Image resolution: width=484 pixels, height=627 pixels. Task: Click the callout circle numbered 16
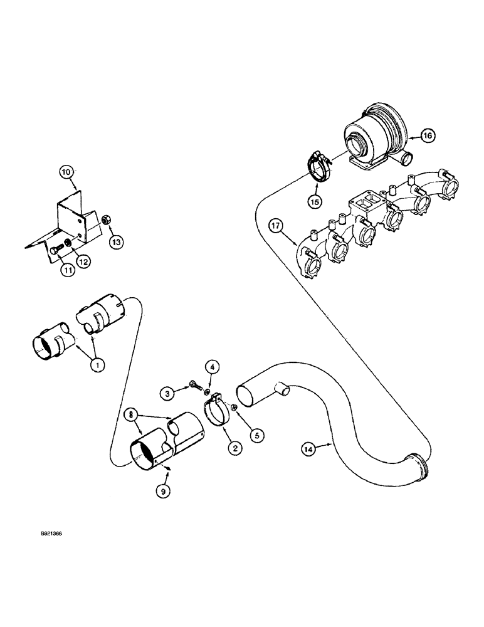427,135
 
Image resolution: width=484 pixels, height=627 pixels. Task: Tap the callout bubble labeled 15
313,201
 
